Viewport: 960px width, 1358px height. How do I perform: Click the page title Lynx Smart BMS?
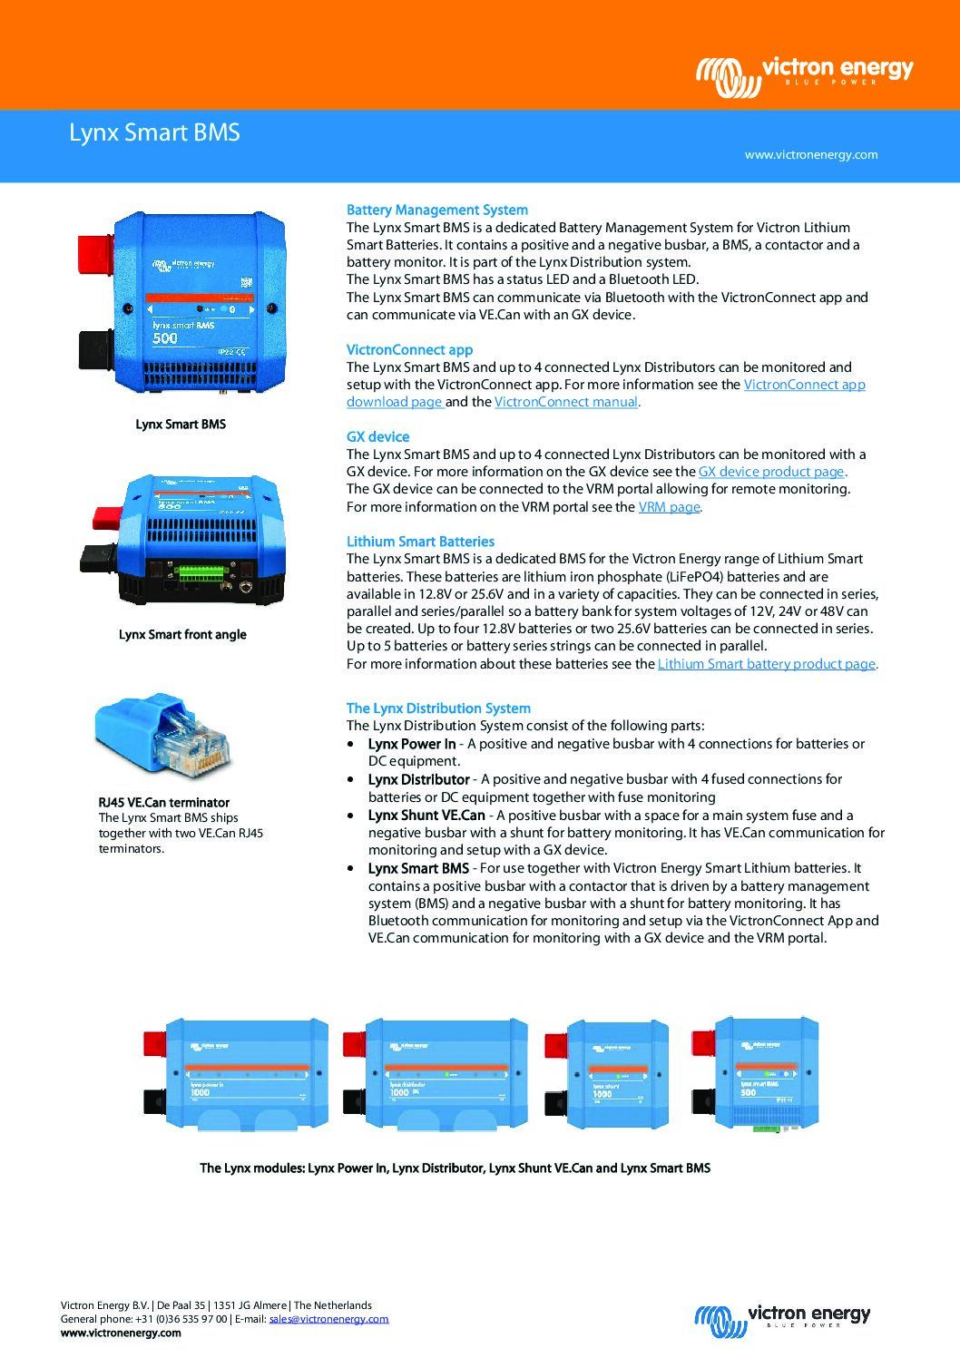(x=154, y=132)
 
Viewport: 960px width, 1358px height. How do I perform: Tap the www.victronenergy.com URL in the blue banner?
(x=810, y=155)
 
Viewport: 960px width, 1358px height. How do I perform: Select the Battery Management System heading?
(x=436, y=210)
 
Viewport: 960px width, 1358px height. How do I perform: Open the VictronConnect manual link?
(x=566, y=402)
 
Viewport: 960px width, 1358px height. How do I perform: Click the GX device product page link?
(x=771, y=472)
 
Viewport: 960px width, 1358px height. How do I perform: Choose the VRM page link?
(x=669, y=507)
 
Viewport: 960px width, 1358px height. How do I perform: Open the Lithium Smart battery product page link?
(x=766, y=664)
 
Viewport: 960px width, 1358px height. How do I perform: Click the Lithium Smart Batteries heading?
(x=420, y=542)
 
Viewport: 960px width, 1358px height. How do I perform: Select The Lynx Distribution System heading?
(x=438, y=708)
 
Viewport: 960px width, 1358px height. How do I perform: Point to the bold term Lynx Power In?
(x=412, y=744)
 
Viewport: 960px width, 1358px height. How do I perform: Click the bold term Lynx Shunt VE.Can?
(x=426, y=816)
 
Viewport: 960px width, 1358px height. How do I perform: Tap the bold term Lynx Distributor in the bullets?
(x=418, y=779)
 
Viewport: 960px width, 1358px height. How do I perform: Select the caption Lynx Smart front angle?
(x=182, y=635)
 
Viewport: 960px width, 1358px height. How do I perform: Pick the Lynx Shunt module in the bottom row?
(x=606, y=1074)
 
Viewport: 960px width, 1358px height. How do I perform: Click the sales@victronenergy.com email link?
(x=328, y=1319)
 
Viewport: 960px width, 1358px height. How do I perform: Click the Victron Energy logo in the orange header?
(x=804, y=73)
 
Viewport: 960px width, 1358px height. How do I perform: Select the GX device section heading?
(x=377, y=437)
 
